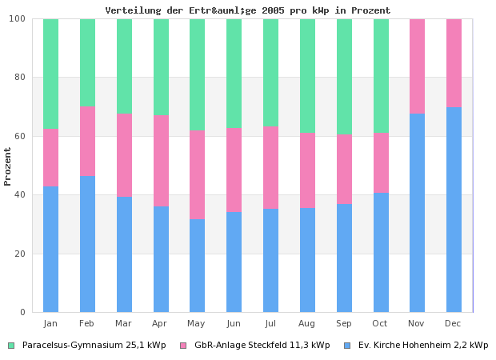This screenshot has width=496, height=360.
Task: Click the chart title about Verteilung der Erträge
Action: click(248, 10)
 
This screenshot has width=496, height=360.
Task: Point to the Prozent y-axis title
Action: click(8, 166)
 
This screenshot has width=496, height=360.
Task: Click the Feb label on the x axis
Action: click(87, 323)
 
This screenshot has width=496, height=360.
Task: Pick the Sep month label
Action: click(344, 323)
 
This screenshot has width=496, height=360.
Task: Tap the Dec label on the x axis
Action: click(454, 323)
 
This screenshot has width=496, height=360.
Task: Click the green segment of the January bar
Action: click(50, 74)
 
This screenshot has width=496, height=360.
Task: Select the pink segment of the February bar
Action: click(87, 141)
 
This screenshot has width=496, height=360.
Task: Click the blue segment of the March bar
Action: click(124, 254)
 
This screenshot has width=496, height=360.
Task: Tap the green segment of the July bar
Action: click(270, 72)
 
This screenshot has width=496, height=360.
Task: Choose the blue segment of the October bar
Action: click(381, 252)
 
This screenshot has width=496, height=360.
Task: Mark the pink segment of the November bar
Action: click(417, 66)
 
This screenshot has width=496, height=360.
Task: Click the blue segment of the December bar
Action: click(454, 209)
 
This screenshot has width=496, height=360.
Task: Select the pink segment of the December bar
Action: click(454, 62)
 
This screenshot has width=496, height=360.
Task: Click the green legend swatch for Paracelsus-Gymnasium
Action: click(11, 346)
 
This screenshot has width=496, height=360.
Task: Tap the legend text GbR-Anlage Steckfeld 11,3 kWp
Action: click(262, 346)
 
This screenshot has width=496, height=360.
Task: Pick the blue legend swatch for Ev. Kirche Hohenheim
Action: click(347, 346)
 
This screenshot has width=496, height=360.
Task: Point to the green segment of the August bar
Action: click(307, 75)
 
